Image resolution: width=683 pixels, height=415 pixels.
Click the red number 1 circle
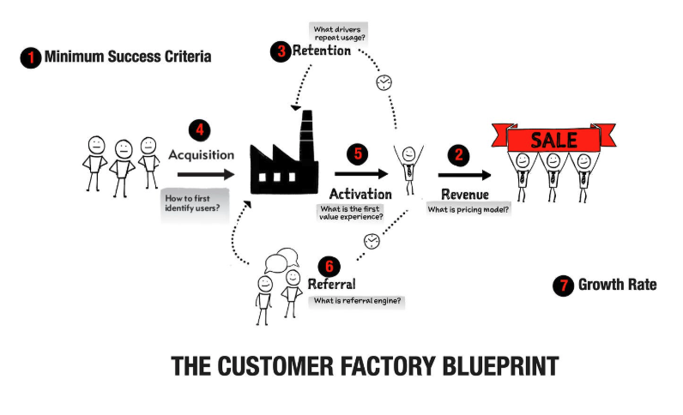pos(31,57)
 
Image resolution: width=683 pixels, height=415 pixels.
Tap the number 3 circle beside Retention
pos(281,51)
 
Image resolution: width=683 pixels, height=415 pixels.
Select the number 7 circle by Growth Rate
pos(563,286)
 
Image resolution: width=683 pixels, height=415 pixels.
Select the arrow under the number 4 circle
pos(206,175)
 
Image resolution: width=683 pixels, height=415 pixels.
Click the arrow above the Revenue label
pos(464,175)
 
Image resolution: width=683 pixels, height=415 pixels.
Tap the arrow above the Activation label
pos(361,174)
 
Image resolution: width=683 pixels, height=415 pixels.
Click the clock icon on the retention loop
pos(384,82)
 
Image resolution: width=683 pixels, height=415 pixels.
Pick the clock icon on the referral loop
pos(372,241)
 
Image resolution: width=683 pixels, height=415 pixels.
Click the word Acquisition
pos(202,155)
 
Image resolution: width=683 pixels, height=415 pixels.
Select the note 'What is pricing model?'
pos(468,209)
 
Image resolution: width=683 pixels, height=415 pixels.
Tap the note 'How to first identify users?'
pos(195,204)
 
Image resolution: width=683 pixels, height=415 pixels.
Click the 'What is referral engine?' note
pos(357,301)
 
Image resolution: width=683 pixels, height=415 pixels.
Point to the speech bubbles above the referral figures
pos(281,260)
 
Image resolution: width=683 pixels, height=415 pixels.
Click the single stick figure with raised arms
pos(408,169)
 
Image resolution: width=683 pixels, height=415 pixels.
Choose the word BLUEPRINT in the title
pos(500,366)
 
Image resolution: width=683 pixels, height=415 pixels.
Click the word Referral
pos(331,285)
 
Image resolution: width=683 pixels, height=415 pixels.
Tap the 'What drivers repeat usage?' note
pos(339,33)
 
